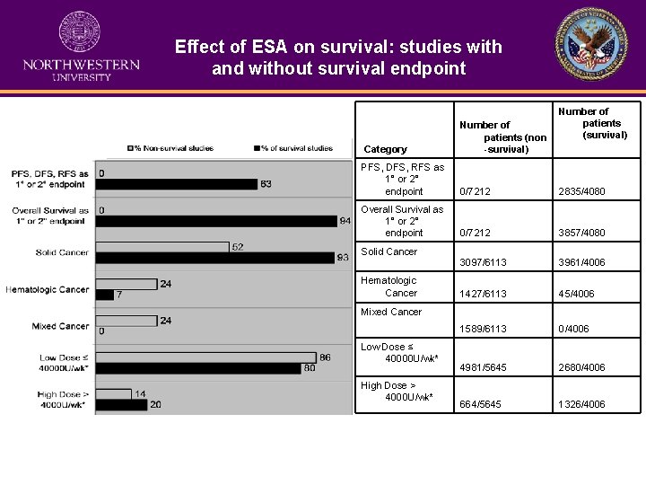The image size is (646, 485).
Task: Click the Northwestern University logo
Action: (x=80, y=47)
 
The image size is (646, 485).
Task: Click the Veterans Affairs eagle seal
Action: (x=591, y=45)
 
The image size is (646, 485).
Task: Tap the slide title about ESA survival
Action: (x=338, y=57)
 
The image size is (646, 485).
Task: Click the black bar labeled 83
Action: (x=176, y=184)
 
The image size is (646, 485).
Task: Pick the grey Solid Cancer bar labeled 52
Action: (x=161, y=247)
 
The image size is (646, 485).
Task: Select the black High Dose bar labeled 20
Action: (x=121, y=405)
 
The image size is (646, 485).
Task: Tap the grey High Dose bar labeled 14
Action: (x=113, y=394)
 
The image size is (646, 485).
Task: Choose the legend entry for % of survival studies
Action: (x=292, y=148)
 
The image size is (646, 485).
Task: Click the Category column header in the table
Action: (x=385, y=149)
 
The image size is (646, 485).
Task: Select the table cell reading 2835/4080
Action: (x=581, y=191)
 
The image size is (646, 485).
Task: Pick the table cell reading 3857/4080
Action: (x=581, y=233)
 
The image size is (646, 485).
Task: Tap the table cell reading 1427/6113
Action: (x=483, y=294)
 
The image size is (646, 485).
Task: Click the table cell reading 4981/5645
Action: (x=483, y=367)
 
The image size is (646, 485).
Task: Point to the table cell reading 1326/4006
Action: (x=581, y=404)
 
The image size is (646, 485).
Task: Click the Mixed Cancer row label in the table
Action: (x=391, y=312)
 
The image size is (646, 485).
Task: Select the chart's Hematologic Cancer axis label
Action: (x=48, y=289)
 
